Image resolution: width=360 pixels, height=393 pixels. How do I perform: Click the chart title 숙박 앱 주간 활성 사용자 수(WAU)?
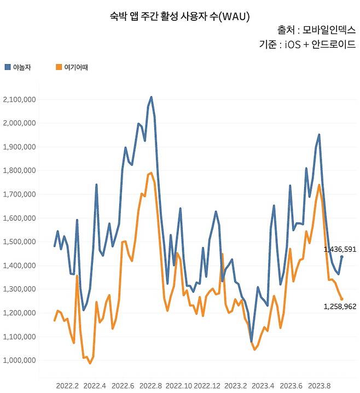(179, 17)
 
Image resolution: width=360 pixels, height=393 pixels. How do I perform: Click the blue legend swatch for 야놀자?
(7, 67)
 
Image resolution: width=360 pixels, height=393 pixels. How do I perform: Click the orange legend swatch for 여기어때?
(60, 67)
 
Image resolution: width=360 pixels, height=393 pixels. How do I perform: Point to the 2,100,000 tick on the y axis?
(19, 100)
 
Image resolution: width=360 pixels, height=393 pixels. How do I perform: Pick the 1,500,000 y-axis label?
(19, 242)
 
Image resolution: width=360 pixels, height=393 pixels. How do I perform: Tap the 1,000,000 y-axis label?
(19, 360)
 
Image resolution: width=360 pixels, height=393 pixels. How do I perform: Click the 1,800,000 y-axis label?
(19, 171)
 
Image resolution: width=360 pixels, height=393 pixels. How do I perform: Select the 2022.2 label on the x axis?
(67, 385)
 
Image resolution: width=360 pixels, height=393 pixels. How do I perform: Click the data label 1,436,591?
(340, 249)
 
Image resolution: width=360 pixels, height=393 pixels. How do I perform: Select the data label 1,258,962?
(340, 307)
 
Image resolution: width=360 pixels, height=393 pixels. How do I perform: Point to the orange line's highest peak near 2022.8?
(151, 173)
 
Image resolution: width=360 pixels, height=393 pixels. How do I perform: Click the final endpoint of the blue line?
(342, 256)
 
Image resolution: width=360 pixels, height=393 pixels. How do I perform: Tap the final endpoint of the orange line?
(342, 299)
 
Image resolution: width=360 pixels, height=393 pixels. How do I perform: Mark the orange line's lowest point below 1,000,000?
(90, 363)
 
